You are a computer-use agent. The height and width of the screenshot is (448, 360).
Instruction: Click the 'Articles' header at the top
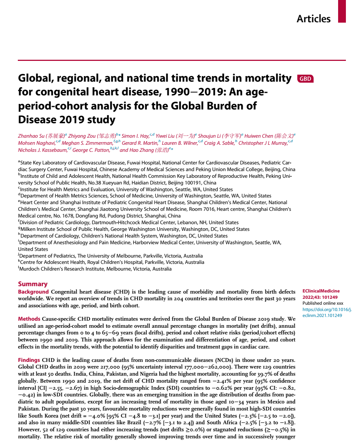(313, 19)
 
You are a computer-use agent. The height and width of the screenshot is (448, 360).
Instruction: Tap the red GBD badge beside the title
(305, 79)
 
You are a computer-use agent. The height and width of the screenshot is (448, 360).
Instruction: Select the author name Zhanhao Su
(31, 136)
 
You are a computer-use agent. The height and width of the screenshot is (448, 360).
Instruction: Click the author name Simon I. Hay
(135, 136)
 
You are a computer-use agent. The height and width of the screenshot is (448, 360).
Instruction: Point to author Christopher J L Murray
(263, 143)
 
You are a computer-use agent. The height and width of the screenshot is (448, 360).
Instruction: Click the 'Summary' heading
(33, 284)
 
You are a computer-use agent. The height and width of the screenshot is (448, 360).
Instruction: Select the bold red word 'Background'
(33, 292)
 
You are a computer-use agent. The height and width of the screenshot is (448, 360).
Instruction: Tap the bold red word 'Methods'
(29, 319)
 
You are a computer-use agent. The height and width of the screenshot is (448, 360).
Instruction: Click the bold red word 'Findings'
(29, 360)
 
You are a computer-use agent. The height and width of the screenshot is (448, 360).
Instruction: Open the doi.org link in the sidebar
(327, 313)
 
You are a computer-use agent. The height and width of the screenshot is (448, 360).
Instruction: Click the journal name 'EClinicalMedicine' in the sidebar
(321, 291)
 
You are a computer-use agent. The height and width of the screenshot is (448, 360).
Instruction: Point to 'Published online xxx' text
(323, 303)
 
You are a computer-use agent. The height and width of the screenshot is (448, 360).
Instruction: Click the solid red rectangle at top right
(342, 11)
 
